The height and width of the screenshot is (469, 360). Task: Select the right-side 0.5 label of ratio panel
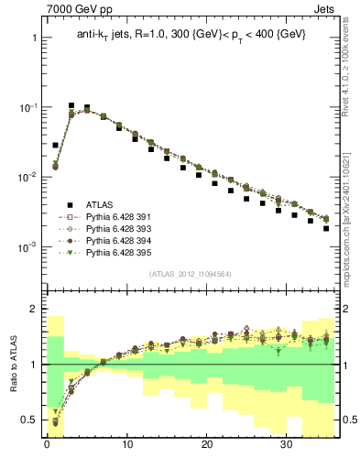coord(346,420)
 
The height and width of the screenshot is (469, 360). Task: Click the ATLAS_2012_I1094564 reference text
coord(191,274)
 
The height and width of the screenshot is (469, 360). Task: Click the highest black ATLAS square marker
coord(71,106)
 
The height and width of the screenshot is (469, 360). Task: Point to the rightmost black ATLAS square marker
coord(326,228)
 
